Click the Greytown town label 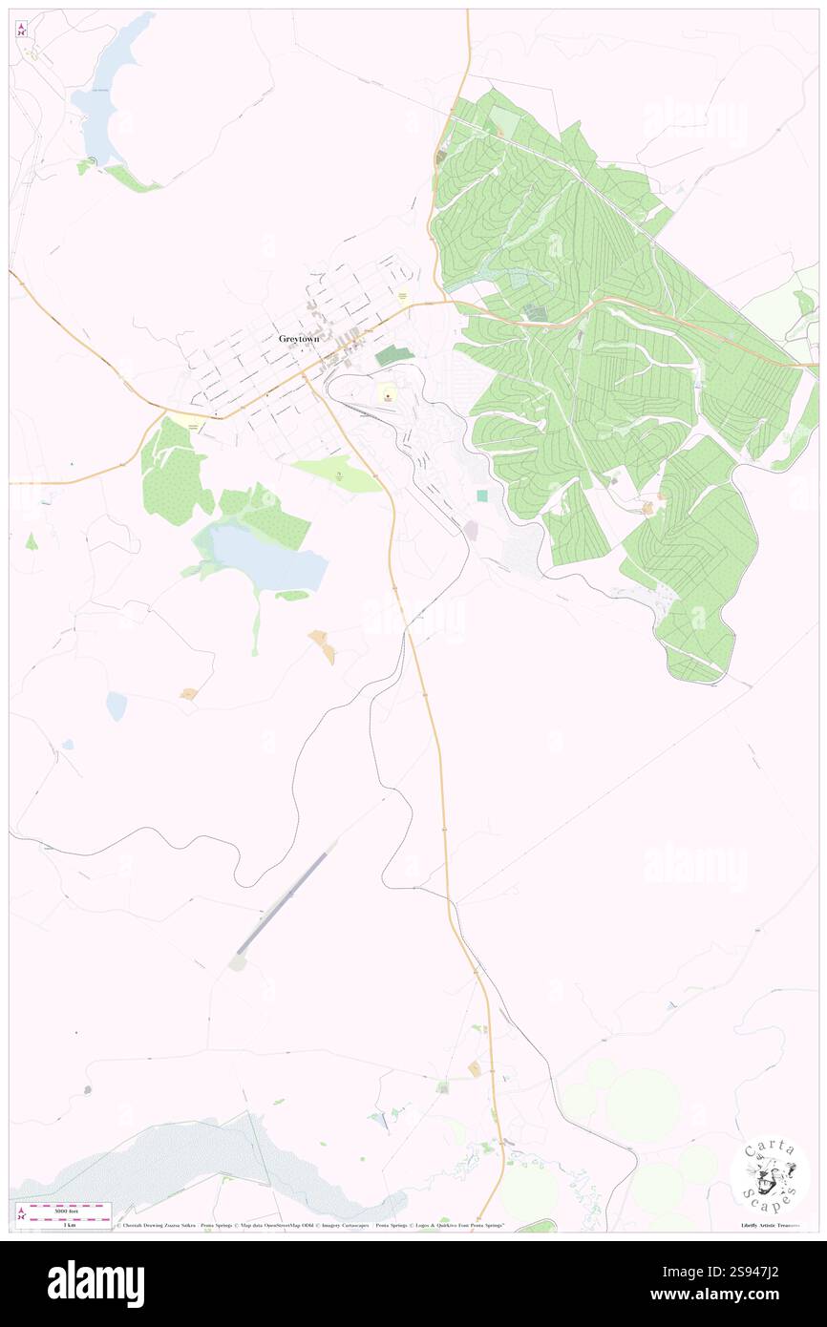click(299, 338)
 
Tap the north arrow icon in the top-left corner click(21, 30)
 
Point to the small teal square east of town click(482, 495)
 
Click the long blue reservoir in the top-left click(113, 91)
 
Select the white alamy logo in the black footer click(95, 1283)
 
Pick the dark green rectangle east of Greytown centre click(394, 356)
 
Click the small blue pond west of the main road click(117, 706)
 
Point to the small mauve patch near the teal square click(471, 530)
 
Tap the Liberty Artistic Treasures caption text click(770, 1225)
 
